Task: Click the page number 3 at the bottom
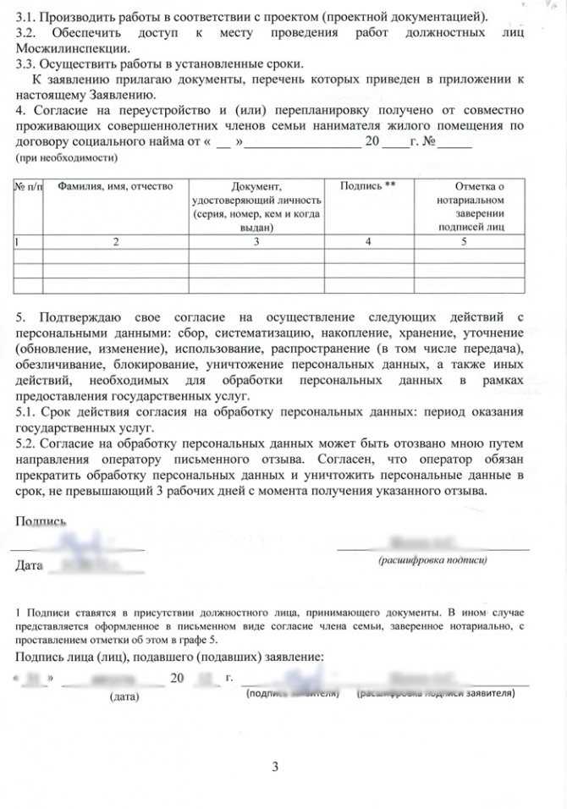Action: [x=275, y=768]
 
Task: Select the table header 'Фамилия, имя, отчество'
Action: [x=115, y=185]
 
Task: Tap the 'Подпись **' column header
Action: [x=367, y=185]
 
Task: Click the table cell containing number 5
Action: [x=464, y=242]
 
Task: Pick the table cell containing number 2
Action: [x=115, y=242]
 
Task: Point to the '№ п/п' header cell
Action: [x=28, y=185]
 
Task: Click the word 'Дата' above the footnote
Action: [x=29, y=565]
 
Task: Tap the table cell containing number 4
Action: [x=367, y=242]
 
